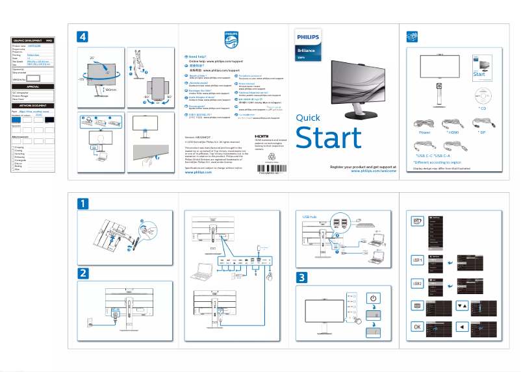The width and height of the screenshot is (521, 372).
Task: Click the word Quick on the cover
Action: [308, 118]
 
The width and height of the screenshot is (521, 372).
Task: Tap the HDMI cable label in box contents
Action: [453, 132]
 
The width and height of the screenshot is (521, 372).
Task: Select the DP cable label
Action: [481, 132]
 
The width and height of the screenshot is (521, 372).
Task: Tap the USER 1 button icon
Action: [418, 260]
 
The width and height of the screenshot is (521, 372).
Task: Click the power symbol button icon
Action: [373, 298]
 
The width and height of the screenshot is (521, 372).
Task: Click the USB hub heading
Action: [310, 213]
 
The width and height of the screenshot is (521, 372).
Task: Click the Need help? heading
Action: [199, 57]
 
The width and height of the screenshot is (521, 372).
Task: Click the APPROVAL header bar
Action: [32, 86]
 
